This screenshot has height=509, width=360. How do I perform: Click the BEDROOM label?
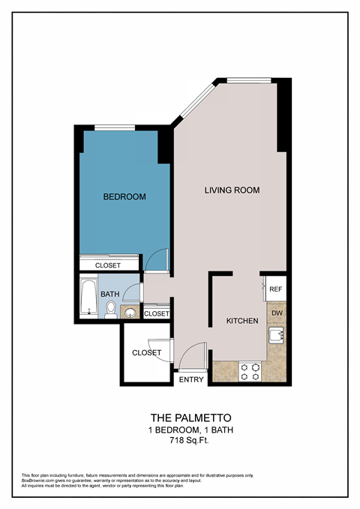click(x=124, y=196)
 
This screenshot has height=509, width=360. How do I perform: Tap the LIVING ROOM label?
click(x=232, y=190)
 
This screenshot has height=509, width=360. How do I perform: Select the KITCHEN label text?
click(x=242, y=321)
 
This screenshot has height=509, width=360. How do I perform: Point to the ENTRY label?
click(x=191, y=380)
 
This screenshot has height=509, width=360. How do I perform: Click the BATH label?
click(x=110, y=295)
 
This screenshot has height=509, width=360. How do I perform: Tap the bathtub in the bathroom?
click(x=88, y=298)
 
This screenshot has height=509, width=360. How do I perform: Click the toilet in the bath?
click(x=110, y=308)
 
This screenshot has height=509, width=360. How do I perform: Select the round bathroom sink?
click(x=129, y=312)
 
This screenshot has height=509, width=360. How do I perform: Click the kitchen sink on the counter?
click(x=276, y=336)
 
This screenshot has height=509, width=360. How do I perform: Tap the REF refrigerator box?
click(x=275, y=289)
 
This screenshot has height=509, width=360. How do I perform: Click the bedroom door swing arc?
click(x=155, y=259)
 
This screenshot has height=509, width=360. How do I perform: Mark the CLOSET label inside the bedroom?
click(x=108, y=265)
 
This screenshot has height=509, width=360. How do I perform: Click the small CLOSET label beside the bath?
click(x=156, y=313)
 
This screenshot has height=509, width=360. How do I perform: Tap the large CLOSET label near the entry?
click(x=146, y=352)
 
